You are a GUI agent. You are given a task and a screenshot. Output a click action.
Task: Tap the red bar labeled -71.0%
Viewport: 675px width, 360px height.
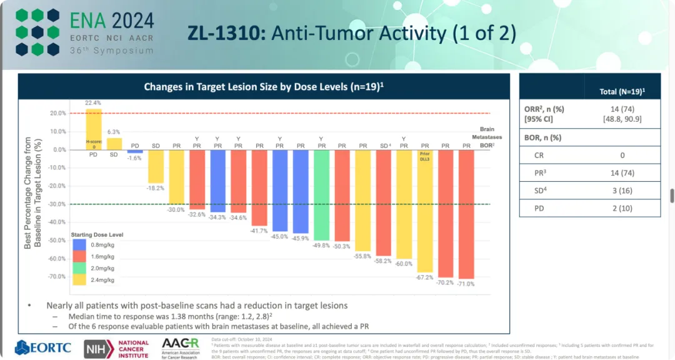click(466, 212)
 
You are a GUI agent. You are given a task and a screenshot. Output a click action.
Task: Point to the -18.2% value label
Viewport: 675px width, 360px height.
click(156, 187)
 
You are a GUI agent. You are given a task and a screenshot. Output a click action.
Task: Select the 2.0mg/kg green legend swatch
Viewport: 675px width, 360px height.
click(79, 269)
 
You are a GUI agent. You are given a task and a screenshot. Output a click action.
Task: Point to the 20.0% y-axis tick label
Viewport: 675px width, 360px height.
click(58, 113)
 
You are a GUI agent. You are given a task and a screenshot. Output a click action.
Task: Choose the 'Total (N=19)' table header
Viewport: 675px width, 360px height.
click(622, 91)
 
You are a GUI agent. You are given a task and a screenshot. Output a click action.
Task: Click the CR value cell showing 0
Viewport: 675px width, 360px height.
click(622, 154)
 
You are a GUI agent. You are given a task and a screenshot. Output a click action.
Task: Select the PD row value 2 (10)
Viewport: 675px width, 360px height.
click(622, 208)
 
